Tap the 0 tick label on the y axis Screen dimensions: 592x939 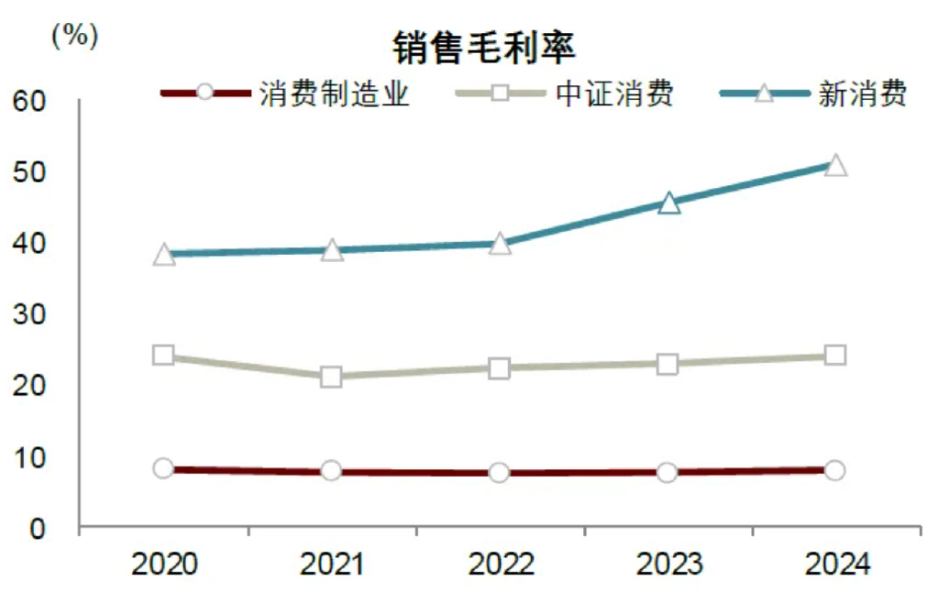(x=38, y=529)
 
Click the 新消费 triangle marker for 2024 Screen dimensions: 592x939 (x=835, y=166)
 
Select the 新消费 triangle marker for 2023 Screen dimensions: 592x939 (x=668, y=203)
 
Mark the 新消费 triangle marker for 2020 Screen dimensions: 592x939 (x=164, y=255)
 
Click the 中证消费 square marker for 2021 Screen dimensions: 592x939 (x=332, y=377)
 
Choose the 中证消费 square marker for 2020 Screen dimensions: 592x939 (x=164, y=356)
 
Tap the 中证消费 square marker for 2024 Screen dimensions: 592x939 (x=835, y=356)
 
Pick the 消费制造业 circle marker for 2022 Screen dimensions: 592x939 (x=500, y=473)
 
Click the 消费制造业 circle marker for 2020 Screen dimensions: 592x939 (x=164, y=468)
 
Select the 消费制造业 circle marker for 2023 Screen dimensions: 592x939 (x=668, y=472)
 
